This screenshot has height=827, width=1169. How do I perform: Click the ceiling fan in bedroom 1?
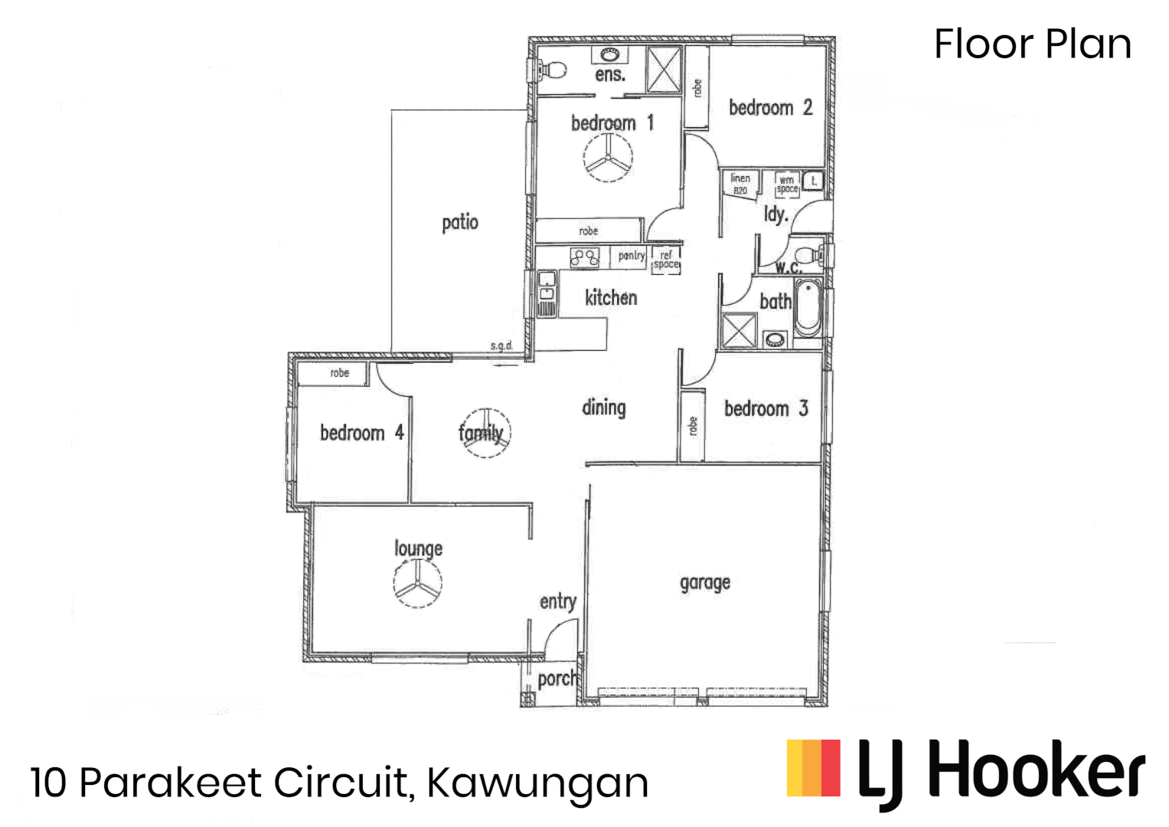(608, 159)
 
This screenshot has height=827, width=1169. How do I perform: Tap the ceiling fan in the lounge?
(417, 584)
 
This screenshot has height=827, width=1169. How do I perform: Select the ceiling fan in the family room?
(485, 433)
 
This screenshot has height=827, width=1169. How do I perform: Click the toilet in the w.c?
(807, 255)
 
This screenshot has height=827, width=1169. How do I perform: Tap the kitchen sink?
(547, 293)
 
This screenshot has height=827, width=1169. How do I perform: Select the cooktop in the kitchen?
(585, 257)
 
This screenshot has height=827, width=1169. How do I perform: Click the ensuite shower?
(664, 70)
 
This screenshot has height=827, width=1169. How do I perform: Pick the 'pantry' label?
(632, 256)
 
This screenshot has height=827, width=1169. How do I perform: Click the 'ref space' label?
(666, 260)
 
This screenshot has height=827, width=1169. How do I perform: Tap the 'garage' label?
(704, 583)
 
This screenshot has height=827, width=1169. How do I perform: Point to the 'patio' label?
(460, 223)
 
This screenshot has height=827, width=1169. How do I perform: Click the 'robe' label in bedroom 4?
(339, 374)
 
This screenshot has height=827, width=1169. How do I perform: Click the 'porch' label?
(557, 678)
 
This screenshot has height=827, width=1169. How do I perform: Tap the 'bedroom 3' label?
(766, 409)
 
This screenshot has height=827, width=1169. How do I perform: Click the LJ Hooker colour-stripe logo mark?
(813, 767)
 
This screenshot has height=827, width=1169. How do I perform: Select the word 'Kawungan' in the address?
(537, 783)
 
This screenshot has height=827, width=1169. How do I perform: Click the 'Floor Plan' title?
(1032, 44)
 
